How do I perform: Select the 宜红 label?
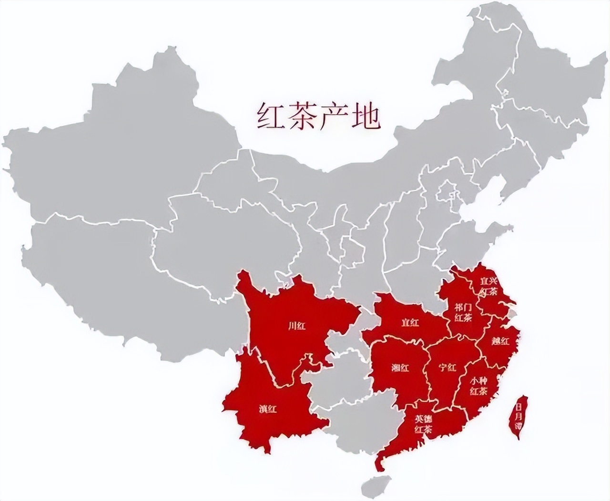(x=410, y=323)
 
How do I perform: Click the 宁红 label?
(x=447, y=367)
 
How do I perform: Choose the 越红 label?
(x=500, y=341)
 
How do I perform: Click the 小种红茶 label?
(x=478, y=387)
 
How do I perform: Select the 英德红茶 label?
(x=423, y=424)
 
